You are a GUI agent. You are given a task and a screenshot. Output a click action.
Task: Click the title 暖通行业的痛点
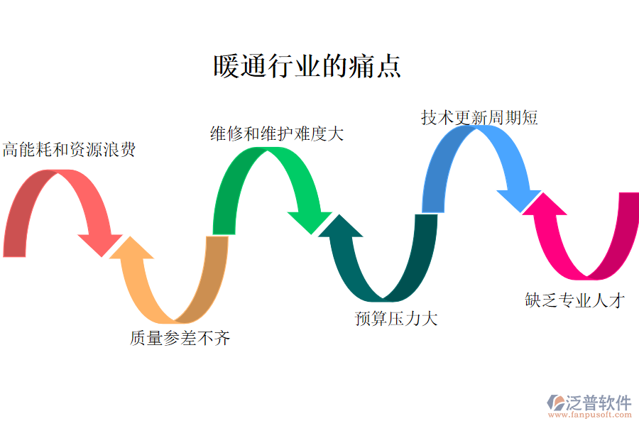point(307,66)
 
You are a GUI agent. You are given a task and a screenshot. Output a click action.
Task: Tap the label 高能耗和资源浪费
point(68,150)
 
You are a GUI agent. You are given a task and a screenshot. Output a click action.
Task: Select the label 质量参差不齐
point(180,339)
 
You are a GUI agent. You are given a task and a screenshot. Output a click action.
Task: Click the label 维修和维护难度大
point(277,133)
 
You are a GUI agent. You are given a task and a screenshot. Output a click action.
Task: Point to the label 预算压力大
point(396,318)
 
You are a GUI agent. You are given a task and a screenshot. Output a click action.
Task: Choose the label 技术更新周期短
point(479,117)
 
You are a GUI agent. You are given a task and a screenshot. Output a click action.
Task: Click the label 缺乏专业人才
point(574,300)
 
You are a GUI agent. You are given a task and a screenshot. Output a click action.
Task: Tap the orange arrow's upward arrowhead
point(132,248)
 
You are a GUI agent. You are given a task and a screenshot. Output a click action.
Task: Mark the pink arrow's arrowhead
point(546,203)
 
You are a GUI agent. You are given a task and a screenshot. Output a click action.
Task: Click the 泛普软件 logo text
point(598,402)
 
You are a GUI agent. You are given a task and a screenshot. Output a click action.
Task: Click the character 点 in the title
point(388,66)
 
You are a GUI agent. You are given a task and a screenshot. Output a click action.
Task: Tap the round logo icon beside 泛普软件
point(555,403)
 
